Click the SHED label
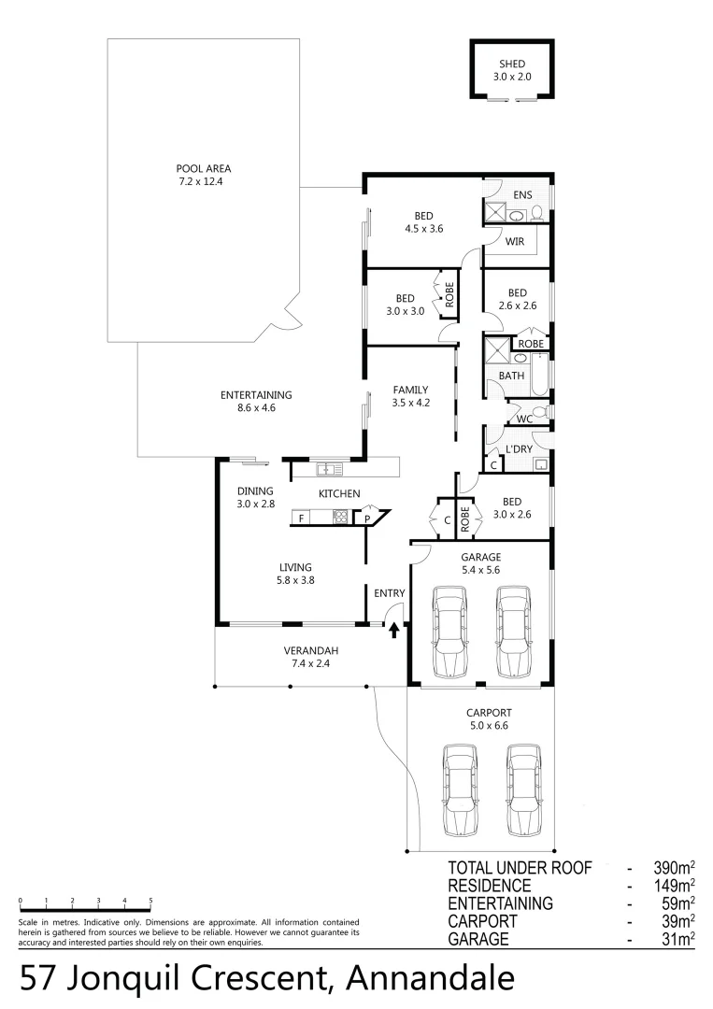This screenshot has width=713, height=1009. tap(512, 64)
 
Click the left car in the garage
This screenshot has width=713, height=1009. tap(450, 632)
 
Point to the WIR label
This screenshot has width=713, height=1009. tap(514, 241)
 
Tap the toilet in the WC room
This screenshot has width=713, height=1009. tap(538, 412)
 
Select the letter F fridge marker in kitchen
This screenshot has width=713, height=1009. tap(301, 518)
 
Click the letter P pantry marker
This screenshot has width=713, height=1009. tap(368, 518)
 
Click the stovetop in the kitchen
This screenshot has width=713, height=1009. tap(341, 518)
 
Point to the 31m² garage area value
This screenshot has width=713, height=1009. tap(673, 939)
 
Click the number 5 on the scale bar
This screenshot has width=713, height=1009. tap(150, 901)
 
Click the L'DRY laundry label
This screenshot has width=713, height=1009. tap(519, 449)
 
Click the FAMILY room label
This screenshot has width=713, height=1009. tap(410, 390)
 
